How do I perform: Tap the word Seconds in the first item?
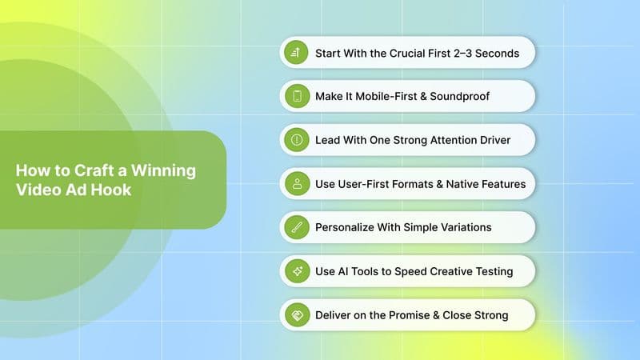495,54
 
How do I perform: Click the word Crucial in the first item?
390,54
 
